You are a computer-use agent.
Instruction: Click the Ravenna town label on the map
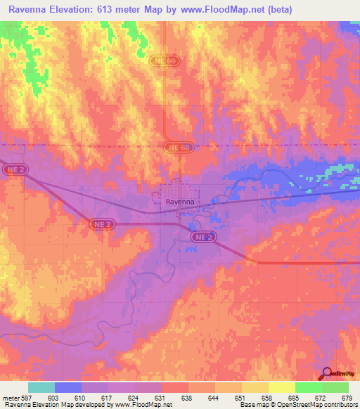pos(179,202)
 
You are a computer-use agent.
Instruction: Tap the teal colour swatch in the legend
pos(41,387)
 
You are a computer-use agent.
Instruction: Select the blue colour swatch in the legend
pos(68,387)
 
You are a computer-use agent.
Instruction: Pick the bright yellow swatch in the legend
pos(281,387)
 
